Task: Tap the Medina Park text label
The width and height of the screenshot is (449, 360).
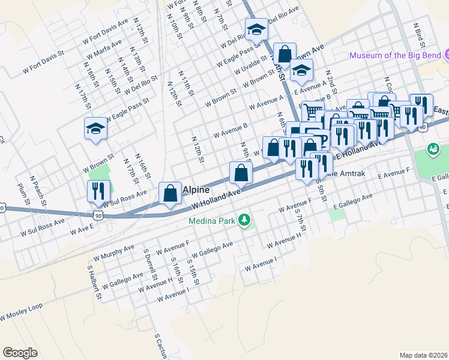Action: tap(212, 220)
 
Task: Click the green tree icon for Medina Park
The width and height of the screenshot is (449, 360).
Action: tap(244, 220)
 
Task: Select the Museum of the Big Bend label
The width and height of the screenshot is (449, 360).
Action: tap(396, 56)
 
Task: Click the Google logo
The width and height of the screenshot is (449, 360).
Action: tap(20, 353)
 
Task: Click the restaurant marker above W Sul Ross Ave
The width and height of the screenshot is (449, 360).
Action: tap(97, 191)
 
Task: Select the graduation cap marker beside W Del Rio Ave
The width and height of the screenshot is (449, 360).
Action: tap(256, 29)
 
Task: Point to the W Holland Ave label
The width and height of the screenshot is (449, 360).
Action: tap(216, 199)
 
